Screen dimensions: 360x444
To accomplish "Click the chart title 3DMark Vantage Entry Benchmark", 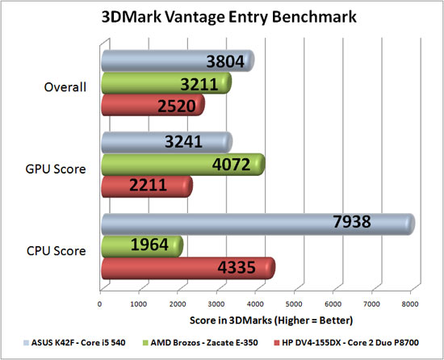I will tap(221, 18).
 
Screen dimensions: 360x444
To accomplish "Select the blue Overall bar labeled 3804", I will tap(177, 61).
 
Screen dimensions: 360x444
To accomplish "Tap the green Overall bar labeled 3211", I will tap(165, 83).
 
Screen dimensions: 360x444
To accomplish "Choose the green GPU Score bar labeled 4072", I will tap(182, 165).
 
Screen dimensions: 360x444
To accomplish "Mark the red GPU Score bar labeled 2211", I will tap(146, 186).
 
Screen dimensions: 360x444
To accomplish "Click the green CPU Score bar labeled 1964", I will tap(141, 246).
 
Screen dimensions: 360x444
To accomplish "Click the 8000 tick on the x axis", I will tap(410, 304).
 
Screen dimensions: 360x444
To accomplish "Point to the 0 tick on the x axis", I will tap(99, 304).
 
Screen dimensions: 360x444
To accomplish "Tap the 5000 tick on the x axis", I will tap(294, 304).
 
